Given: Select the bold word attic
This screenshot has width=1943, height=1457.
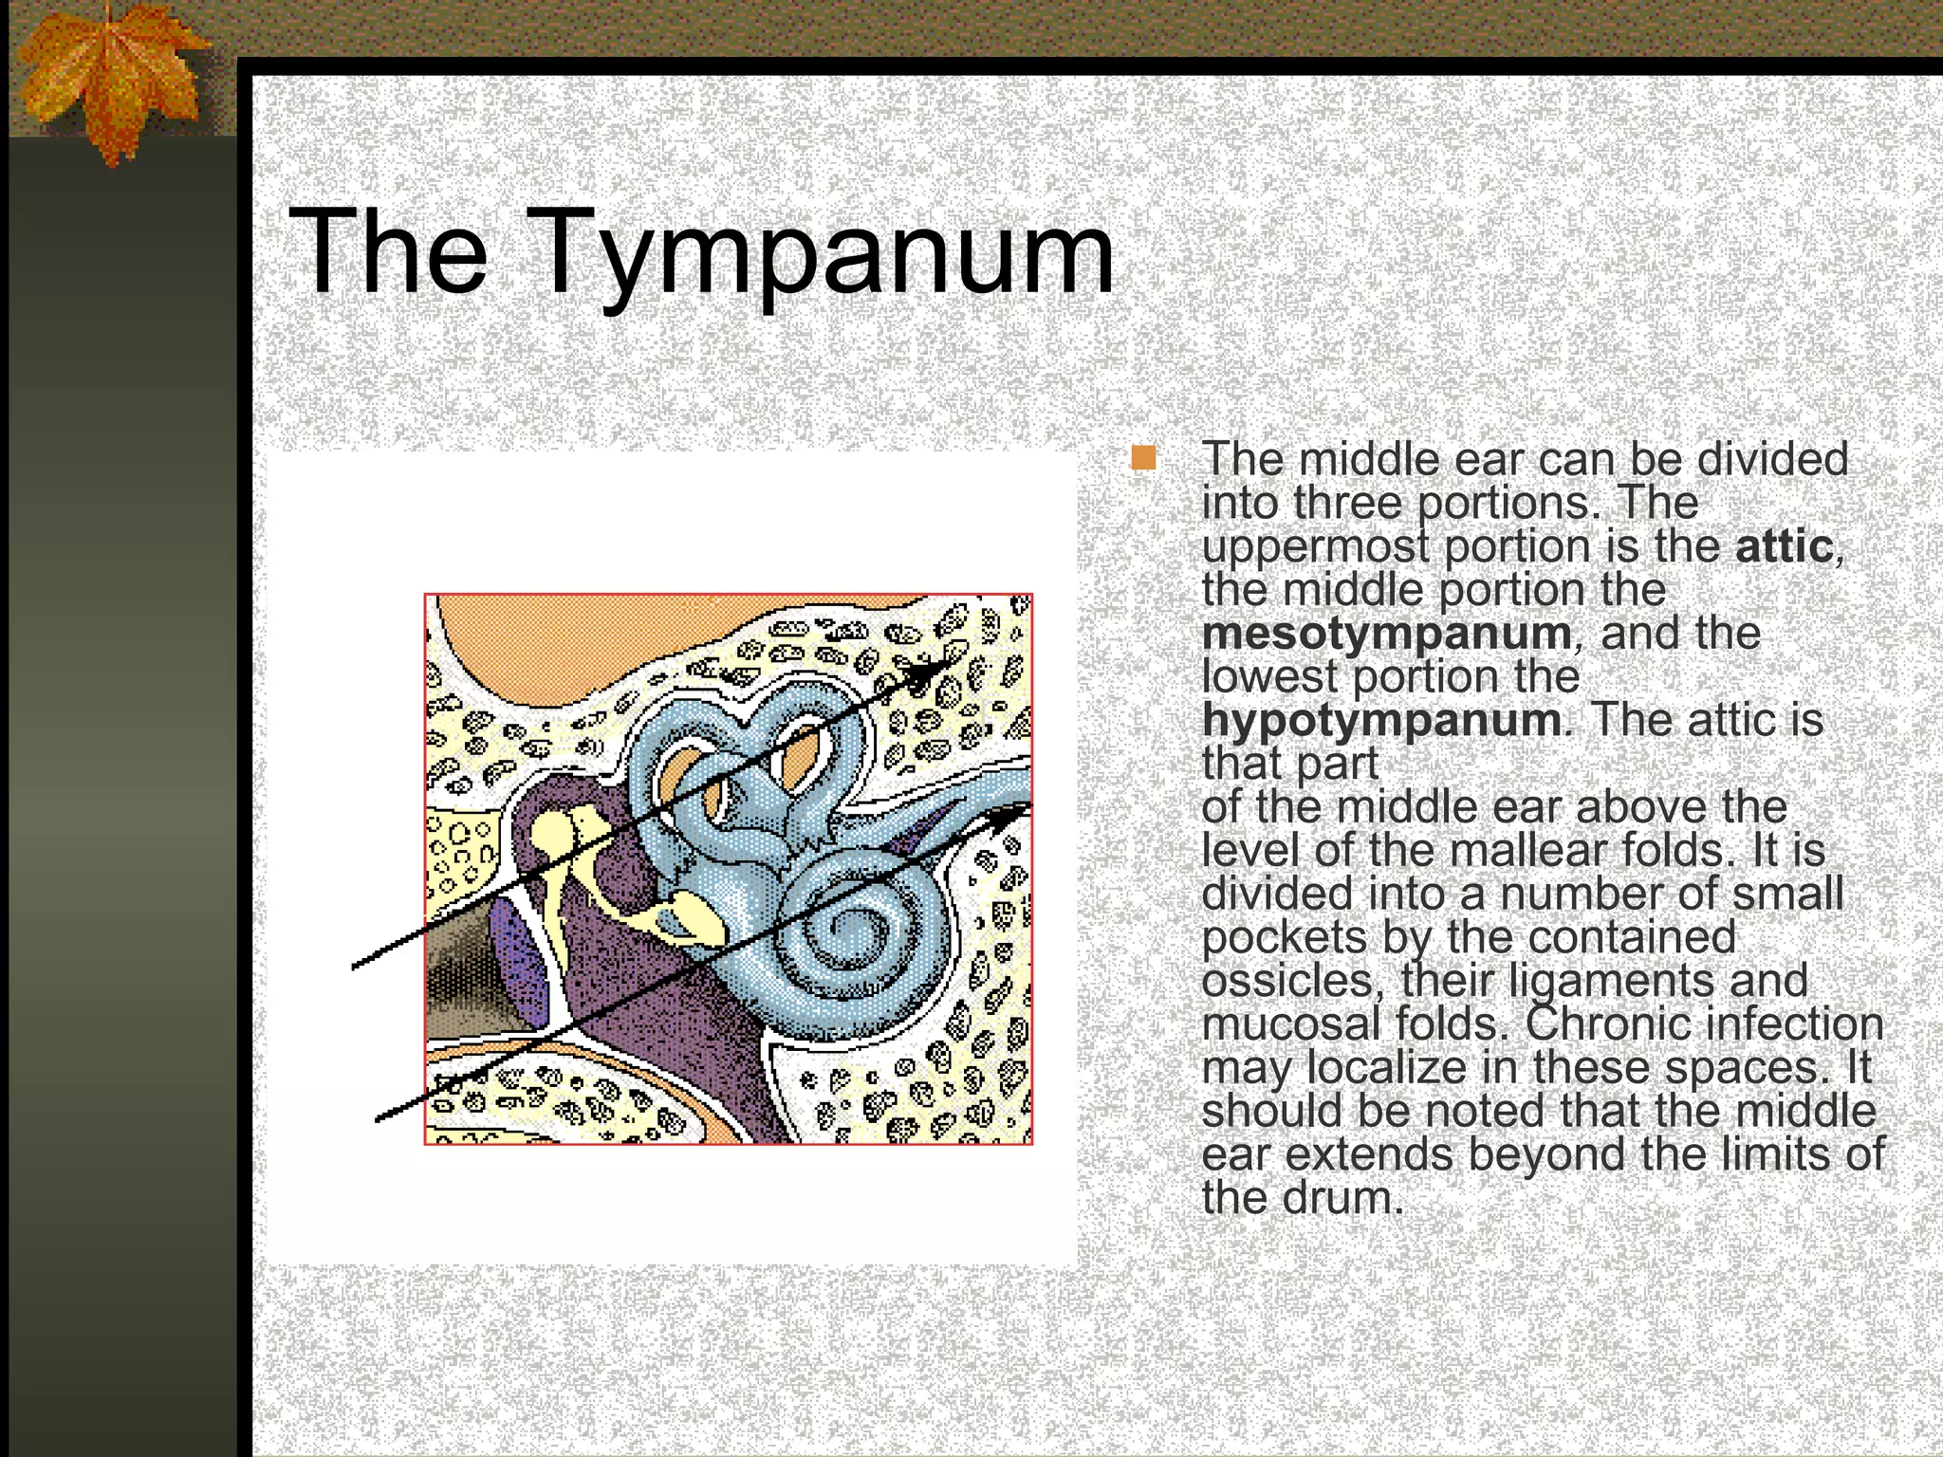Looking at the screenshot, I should pos(1783,546).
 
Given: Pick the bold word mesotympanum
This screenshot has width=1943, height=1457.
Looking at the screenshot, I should pos(1386,634).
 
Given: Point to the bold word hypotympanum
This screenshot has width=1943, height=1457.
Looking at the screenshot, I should pos(1380,720).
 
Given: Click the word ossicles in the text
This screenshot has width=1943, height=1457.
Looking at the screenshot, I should pos(1286,981).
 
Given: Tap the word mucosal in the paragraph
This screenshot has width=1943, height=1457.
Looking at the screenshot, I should pos(1290,1024).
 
